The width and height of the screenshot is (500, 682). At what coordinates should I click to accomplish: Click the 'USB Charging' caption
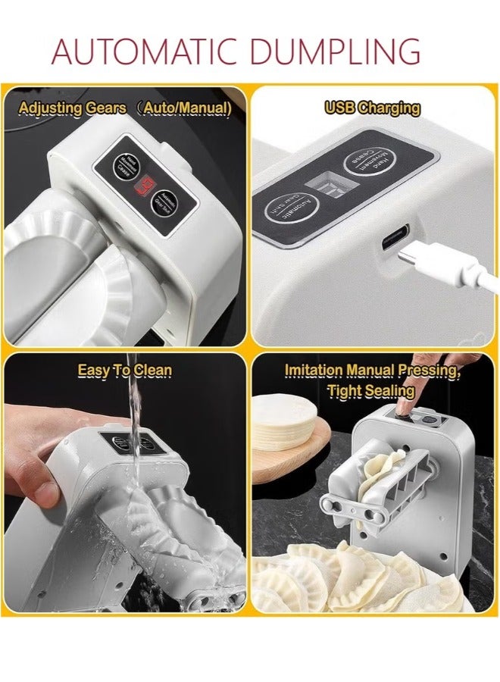pyautogui.click(x=372, y=108)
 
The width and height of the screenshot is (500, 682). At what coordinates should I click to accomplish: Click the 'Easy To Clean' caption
pyautogui.click(x=124, y=371)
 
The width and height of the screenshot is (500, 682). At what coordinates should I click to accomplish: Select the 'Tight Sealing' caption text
pyautogui.click(x=370, y=391)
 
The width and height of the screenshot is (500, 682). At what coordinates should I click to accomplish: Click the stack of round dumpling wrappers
pyautogui.click(x=283, y=421)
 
